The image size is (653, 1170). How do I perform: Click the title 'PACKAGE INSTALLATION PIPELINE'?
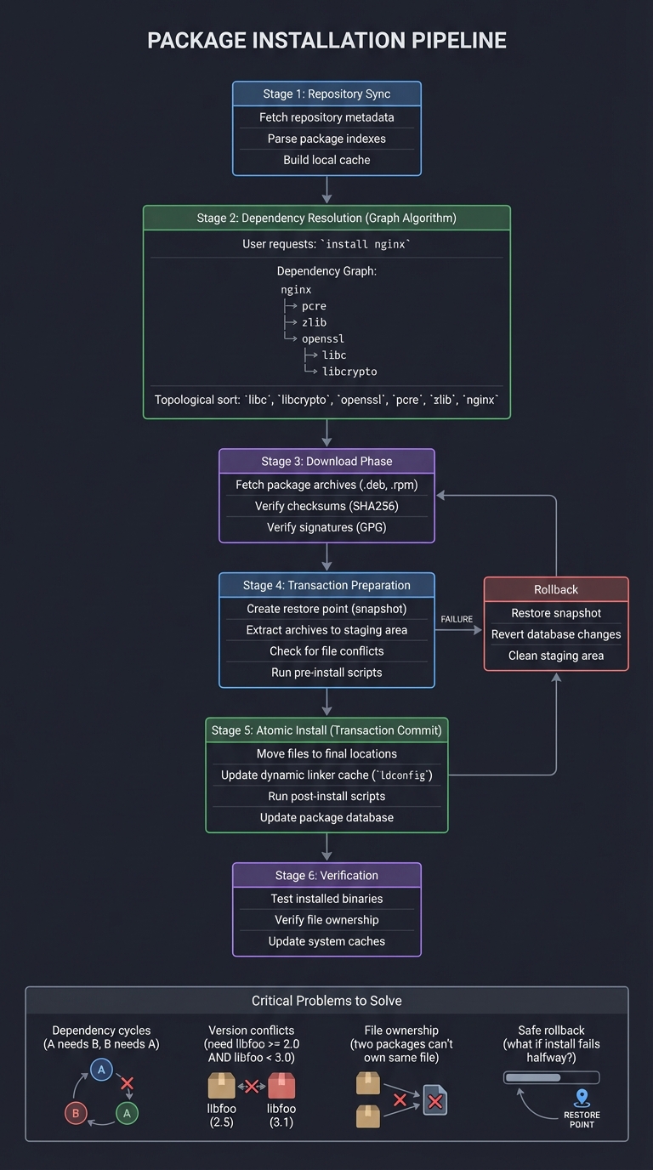[x=326, y=40]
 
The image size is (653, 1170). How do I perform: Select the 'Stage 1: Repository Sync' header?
[x=326, y=94]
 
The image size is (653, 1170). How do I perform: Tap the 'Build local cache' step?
[x=326, y=160]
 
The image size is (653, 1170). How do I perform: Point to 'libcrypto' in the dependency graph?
[x=349, y=372]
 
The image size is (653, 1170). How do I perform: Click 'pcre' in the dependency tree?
[x=314, y=306]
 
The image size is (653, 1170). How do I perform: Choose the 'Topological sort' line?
[x=326, y=400]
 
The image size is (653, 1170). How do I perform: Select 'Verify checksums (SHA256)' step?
[x=326, y=506]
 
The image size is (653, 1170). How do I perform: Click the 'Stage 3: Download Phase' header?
[x=326, y=462]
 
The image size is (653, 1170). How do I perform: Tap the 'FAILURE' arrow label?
[x=457, y=619]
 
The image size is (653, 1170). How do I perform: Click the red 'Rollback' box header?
[x=556, y=590]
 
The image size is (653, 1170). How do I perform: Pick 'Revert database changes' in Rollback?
[x=556, y=634]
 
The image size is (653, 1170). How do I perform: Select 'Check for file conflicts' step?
[x=326, y=651]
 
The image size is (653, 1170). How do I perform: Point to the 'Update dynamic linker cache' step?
[x=326, y=775]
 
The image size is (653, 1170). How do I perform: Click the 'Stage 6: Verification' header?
[x=326, y=876]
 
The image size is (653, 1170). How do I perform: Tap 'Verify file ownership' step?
[x=326, y=920]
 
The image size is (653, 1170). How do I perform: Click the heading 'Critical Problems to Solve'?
[x=326, y=1001]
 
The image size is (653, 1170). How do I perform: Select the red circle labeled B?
[x=76, y=1113]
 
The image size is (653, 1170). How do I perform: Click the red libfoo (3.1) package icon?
[x=281, y=1086]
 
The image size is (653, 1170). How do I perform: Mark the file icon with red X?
[x=434, y=1102]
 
